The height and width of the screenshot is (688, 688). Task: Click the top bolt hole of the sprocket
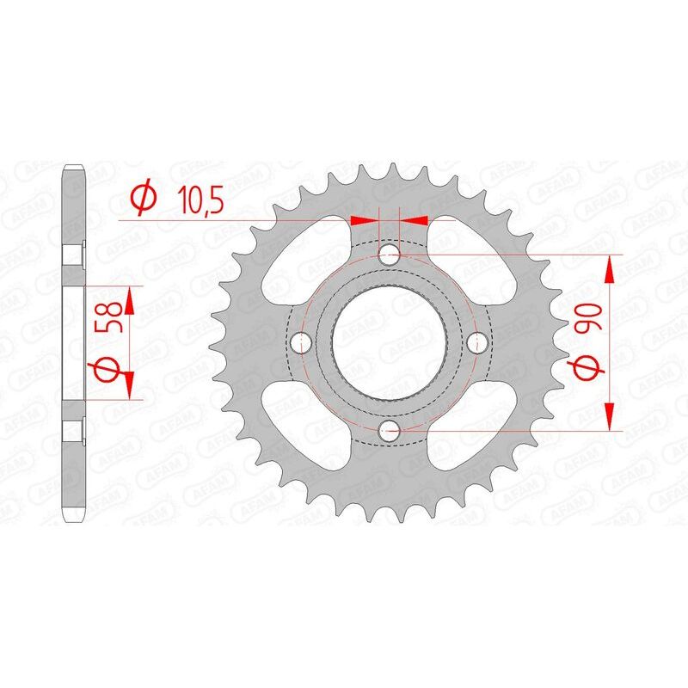click(389, 254)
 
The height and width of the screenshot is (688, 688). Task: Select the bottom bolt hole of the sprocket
click(389, 431)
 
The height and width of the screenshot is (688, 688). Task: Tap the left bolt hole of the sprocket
click(300, 342)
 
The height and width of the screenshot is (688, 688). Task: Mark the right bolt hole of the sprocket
click(477, 342)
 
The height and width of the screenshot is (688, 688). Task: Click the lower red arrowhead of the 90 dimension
click(610, 416)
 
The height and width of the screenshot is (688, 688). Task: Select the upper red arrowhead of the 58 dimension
click(130, 300)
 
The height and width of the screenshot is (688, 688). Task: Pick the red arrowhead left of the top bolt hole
click(365, 220)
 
